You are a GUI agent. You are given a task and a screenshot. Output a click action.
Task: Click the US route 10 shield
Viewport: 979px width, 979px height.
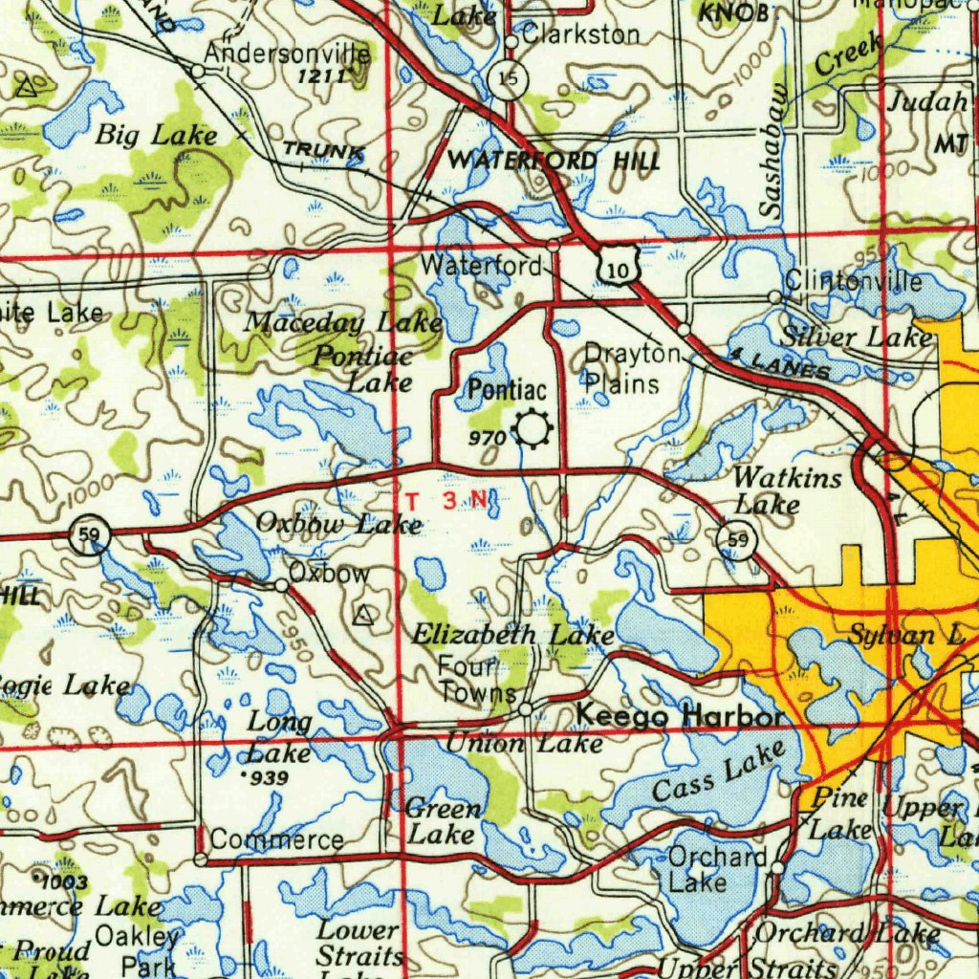click(x=620, y=272)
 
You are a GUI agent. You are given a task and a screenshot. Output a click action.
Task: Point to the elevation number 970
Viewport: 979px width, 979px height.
click(x=488, y=437)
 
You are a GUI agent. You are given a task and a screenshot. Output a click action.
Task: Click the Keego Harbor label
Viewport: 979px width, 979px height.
click(x=680, y=715)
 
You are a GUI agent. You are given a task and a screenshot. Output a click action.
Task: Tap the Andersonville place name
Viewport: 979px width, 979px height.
click(x=288, y=54)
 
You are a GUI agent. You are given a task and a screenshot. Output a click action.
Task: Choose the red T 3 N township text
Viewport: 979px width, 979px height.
click(x=447, y=500)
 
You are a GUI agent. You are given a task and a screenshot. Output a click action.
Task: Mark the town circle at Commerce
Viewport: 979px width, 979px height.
click(x=201, y=860)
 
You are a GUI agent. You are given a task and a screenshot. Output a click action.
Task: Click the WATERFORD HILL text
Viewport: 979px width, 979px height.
click(x=554, y=161)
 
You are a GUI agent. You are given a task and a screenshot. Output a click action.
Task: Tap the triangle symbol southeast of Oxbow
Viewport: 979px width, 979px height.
click(x=362, y=616)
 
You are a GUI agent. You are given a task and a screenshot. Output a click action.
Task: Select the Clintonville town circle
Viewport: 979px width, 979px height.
click(x=774, y=298)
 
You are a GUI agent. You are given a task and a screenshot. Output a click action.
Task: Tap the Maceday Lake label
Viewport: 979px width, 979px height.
click(x=342, y=322)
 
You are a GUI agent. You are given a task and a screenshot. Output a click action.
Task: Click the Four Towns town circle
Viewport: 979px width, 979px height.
click(x=525, y=708)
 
